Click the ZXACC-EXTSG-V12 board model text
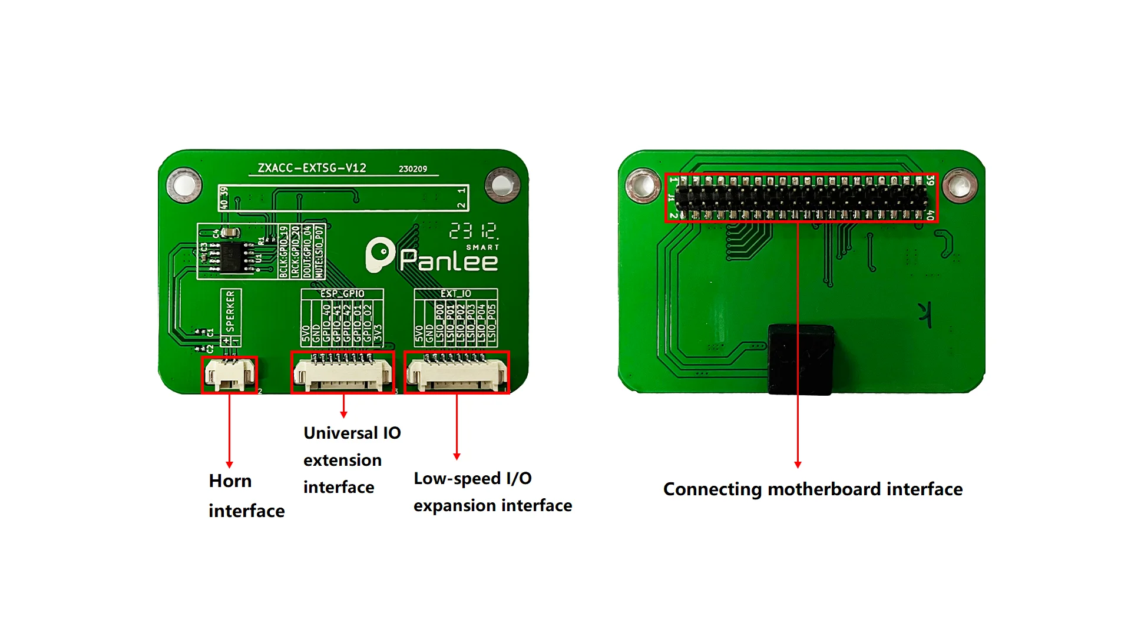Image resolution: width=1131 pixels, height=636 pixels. [312, 168]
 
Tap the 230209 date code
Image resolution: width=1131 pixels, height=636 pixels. [412, 169]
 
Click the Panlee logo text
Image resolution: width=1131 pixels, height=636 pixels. [448, 260]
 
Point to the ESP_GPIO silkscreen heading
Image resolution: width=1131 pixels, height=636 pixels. [342, 293]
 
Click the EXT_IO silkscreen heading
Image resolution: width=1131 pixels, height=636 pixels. [455, 293]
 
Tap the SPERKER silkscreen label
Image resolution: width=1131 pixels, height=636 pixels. [230, 311]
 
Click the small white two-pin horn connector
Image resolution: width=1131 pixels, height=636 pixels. [229, 375]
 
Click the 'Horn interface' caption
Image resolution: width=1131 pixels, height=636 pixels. [246, 496]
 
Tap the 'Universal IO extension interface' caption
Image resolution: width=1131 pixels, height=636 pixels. [352, 460]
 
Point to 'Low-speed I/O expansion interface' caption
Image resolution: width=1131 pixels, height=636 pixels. [492, 492]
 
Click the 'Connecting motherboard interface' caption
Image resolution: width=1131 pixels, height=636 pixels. [812, 489]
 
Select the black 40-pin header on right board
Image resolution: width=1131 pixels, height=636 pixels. [801, 198]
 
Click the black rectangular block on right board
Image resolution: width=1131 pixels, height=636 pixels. [801, 359]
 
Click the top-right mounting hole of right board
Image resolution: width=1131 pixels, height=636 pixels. [960, 186]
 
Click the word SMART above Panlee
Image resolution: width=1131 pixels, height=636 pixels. [482, 247]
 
